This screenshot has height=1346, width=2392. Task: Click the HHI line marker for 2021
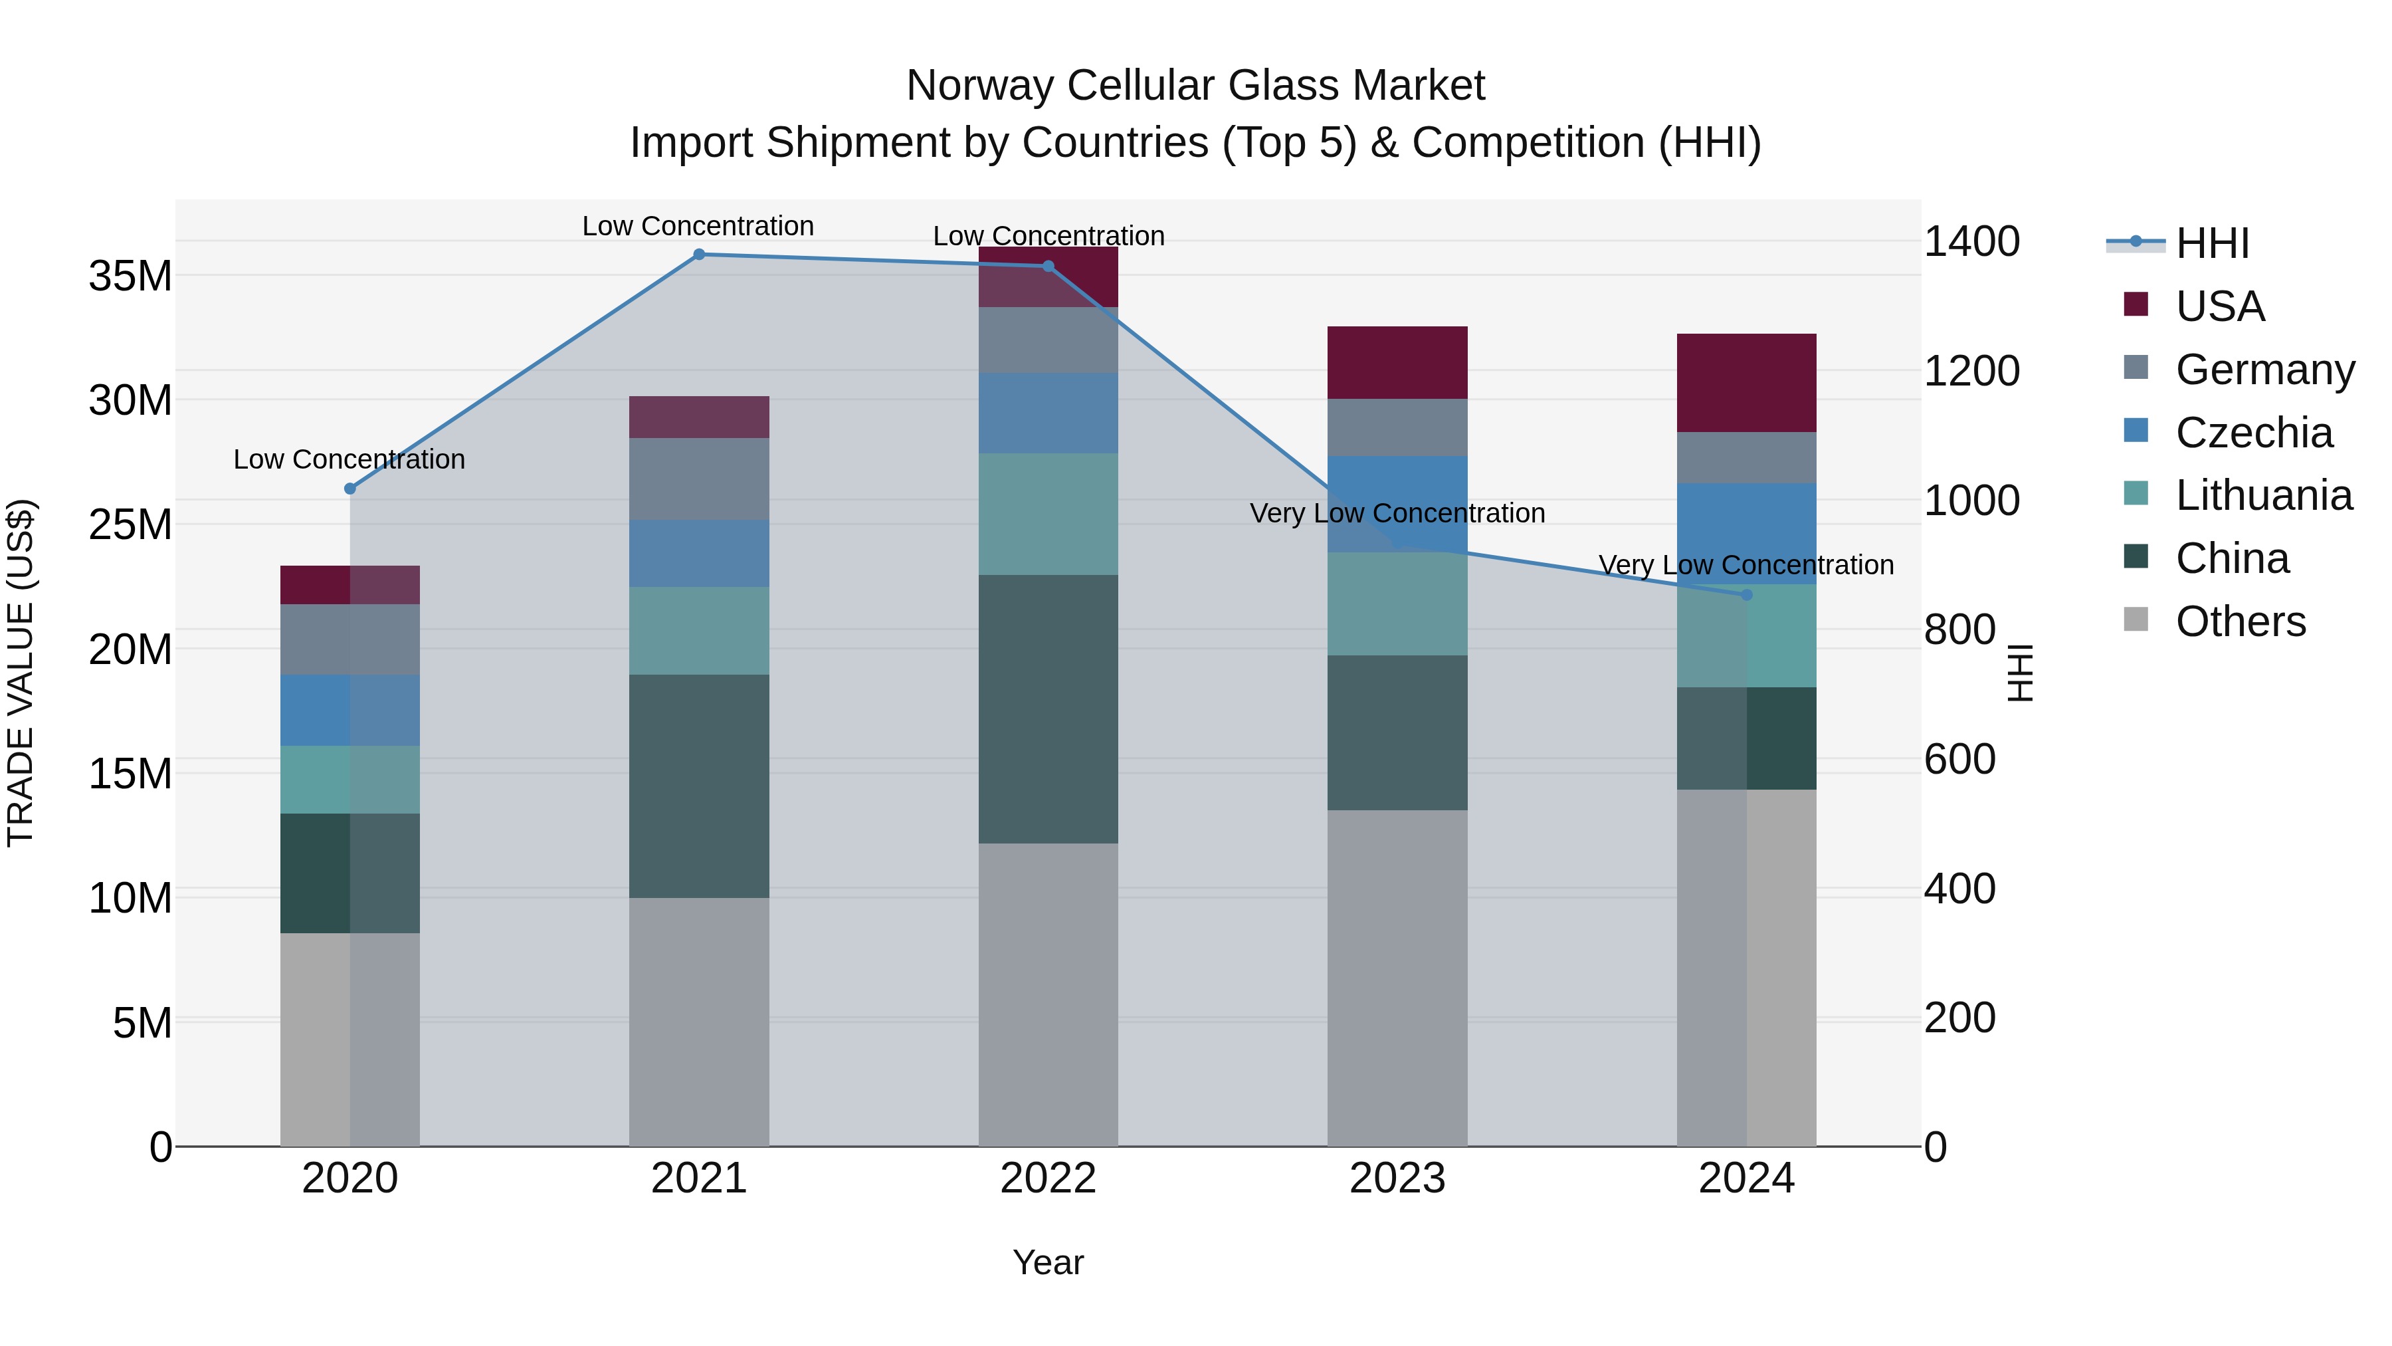tap(699, 255)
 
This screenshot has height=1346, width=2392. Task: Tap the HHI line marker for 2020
tap(350, 489)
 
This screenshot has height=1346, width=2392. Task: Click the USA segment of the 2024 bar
tap(1747, 383)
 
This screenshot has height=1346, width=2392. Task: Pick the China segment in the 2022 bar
tap(1048, 709)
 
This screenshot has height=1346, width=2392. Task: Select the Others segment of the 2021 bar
tap(699, 1022)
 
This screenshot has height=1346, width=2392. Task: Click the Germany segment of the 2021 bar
tap(699, 479)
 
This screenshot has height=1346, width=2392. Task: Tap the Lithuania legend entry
tap(2264, 495)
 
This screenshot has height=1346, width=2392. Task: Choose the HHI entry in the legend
tap(2212, 243)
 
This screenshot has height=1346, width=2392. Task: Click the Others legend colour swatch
tap(2136, 619)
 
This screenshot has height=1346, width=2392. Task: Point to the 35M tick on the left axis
tap(130, 276)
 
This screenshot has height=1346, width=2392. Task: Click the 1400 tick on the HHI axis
tap(1971, 241)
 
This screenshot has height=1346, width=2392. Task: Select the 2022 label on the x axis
tap(1048, 1178)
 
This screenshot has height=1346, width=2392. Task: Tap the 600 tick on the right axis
tap(1959, 759)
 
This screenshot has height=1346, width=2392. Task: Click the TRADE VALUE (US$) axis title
tap(21, 673)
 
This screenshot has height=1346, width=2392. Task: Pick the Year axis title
tap(1048, 1262)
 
